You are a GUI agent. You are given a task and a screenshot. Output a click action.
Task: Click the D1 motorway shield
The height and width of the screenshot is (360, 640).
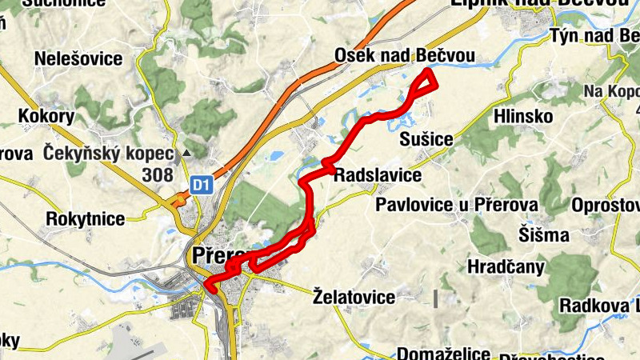pos(200,186)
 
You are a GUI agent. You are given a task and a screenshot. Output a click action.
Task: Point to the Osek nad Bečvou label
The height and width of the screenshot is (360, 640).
pos(405,56)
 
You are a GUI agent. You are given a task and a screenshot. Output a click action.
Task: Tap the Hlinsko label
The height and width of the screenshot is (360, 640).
pos(524,116)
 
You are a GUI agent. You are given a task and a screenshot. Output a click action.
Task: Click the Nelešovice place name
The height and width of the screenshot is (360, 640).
pos(78,58)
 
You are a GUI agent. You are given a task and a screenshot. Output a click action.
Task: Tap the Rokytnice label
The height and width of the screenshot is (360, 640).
pos(86,218)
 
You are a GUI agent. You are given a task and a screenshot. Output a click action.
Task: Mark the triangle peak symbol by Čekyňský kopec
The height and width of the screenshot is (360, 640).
pos(186,152)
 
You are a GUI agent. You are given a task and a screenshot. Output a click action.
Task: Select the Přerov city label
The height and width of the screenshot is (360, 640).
pos(216,255)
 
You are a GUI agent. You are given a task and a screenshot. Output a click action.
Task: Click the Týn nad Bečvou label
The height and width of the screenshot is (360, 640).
pos(594,36)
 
